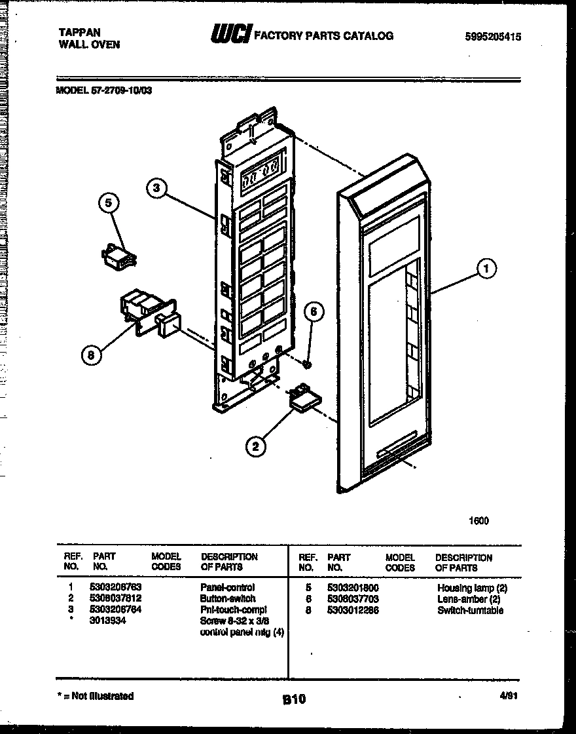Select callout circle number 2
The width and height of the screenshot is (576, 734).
pyautogui.click(x=255, y=448)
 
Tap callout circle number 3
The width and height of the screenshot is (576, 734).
pyautogui.click(x=155, y=189)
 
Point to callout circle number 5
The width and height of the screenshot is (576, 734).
pyautogui.click(x=109, y=204)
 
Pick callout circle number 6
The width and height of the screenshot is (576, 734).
pyautogui.click(x=314, y=313)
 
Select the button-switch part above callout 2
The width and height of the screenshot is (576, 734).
pyautogui.click(x=304, y=399)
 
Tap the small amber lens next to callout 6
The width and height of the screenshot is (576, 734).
pyautogui.click(x=307, y=362)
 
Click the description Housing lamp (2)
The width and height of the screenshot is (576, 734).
pyautogui.click(x=471, y=589)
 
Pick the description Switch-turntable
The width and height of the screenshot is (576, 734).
pyautogui.click(x=470, y=610)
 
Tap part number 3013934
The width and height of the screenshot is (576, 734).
pyautogui.click(x=107, y=621)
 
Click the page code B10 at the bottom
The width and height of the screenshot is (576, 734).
pyautogui.click(x=294, y=699)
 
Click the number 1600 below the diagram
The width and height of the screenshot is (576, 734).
pyautogui.click(x=478, y=521)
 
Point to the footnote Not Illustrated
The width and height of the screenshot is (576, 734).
pyautogui.click(x=95, y=696)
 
